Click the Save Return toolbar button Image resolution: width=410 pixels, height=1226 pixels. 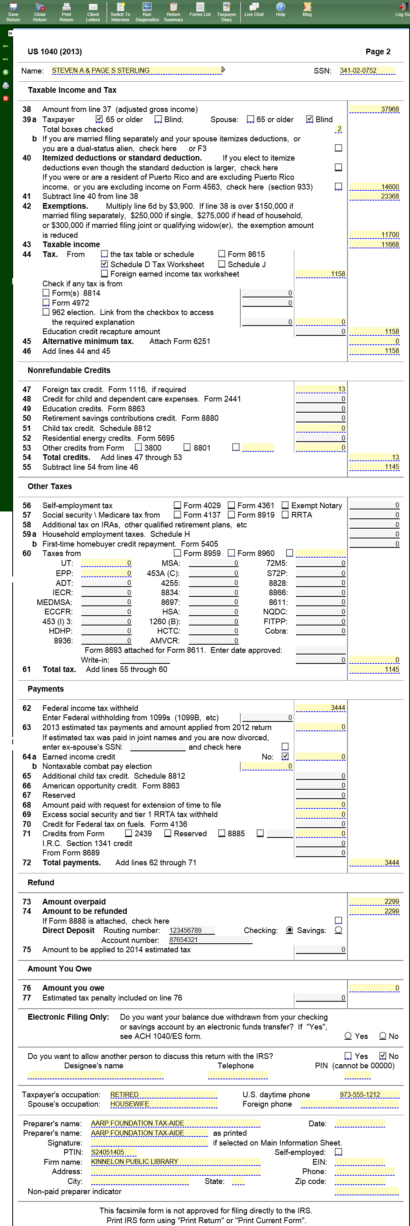(13, 12)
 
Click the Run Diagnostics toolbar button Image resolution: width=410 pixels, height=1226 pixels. (147, 12)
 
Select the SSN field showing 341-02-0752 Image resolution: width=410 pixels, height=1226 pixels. (367, 70)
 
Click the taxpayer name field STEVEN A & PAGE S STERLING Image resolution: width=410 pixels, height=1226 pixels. (136, 70)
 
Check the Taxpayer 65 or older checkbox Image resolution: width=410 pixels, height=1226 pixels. (99, 119)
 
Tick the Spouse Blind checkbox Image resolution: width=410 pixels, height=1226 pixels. (309, 119)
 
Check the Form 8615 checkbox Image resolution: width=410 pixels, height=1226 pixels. (222, 254)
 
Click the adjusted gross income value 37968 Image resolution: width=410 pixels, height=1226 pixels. (374, 109)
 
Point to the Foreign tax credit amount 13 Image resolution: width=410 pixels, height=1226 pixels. (320, 389)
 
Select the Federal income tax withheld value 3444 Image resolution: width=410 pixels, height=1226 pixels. (320, 708)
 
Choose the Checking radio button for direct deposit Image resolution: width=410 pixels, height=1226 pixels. (289, 930)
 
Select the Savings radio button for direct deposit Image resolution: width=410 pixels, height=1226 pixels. (338, 930)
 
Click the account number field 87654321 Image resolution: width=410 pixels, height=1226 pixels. (211, 940)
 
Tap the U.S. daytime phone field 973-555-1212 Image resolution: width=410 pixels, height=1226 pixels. (369, 1094)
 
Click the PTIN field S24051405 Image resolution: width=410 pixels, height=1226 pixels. (113, 1152)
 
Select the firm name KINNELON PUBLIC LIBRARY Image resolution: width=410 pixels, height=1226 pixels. (175, 1162)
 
